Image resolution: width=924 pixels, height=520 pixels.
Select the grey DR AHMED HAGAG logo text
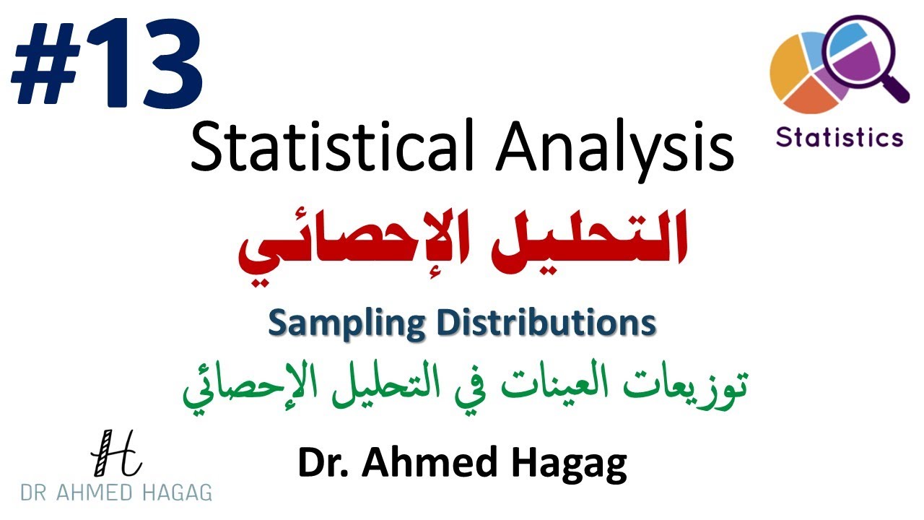(115, 493)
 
